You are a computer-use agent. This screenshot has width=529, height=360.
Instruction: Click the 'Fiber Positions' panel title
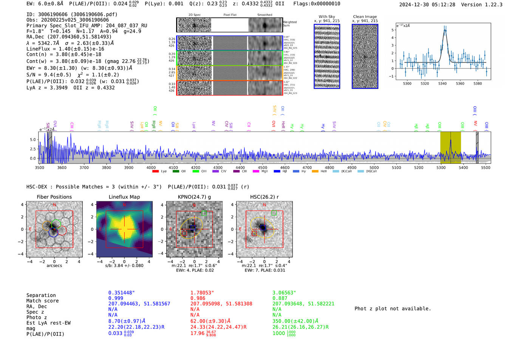54,197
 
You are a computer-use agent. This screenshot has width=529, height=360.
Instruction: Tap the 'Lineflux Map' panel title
124,197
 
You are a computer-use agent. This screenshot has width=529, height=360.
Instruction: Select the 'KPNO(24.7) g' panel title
194,197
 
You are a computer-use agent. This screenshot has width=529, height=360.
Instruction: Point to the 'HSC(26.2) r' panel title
264,197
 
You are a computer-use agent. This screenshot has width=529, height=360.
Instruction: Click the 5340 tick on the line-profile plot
442,83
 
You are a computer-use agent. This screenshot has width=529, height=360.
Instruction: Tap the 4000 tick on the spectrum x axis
151,167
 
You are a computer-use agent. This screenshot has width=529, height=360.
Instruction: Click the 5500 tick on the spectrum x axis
486,167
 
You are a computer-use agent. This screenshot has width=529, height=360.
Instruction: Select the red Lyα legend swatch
155,172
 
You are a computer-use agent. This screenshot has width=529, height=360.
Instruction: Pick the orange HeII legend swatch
315,172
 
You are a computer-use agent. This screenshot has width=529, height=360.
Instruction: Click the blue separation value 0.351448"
121,293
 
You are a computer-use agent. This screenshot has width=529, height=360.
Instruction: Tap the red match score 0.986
198,298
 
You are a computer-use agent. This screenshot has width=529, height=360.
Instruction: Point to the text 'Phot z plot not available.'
393,309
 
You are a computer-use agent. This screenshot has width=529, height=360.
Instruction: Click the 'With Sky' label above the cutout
327,17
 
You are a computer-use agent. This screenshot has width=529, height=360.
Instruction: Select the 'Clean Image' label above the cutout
365,17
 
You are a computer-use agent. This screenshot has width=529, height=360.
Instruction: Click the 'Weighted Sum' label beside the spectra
289,24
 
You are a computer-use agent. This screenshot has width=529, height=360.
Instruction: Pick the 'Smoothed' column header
264,15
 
